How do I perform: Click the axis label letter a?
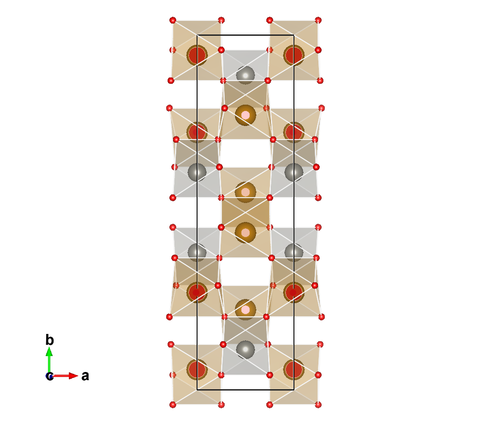[85, 376]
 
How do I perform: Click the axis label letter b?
[49, 340]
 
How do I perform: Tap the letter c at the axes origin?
[49, 376]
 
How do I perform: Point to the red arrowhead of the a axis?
[73, 376]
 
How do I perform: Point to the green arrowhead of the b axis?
[49, 352]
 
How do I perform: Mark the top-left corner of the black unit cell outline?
[197, 35]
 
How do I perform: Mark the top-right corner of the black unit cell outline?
[294, 35]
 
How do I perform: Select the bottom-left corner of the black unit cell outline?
[197, 390]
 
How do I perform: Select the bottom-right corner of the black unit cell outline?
[294, 390]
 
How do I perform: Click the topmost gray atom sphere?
[246, 75]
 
